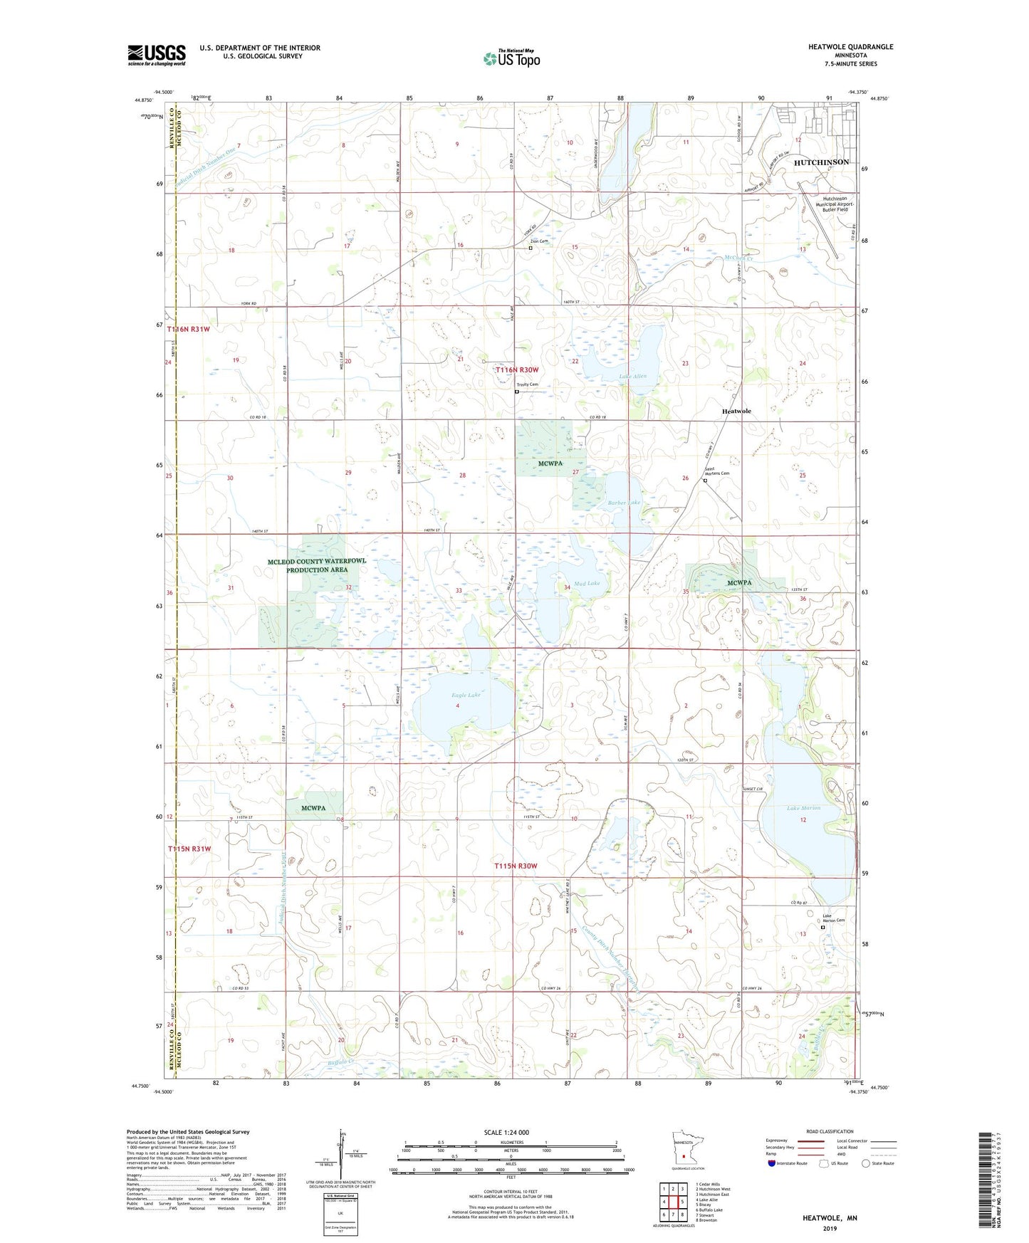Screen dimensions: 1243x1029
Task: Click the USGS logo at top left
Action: (x=156, y=54)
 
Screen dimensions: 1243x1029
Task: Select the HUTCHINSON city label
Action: (x=821, y=162)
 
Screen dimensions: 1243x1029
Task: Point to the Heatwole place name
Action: (x=736, y=411)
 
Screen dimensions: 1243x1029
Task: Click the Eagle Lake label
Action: (x=465, y=695)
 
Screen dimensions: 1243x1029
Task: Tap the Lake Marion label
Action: (x=803, y=808)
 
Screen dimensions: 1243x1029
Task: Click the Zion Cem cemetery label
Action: (x=538, y=241)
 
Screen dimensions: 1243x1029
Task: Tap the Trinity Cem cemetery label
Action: (x=528, y=384)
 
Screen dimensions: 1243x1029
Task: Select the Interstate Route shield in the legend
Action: (x=773, y=1164)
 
